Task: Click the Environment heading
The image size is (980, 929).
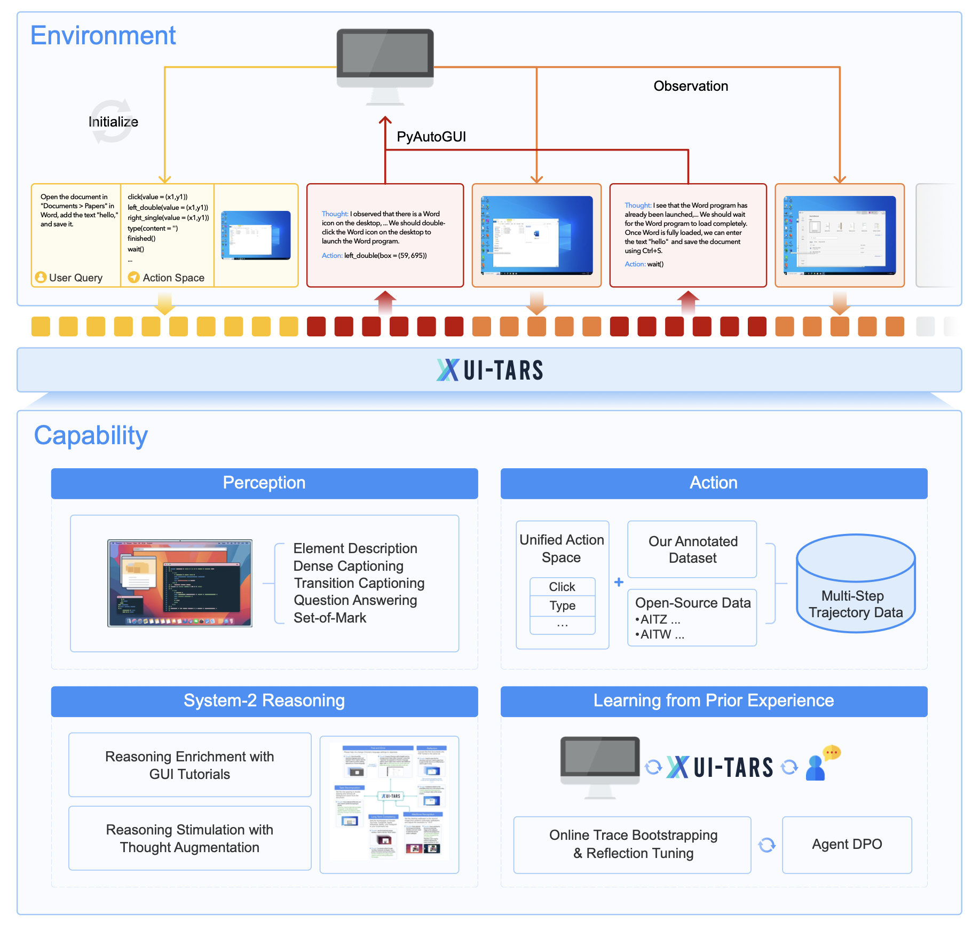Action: coord(103,36)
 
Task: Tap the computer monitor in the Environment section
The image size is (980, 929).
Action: coord(385,58)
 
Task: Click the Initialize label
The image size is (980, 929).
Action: coord(113,122)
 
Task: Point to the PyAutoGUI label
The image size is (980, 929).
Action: coord(431,137)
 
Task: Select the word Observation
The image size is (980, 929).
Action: coord(691,86)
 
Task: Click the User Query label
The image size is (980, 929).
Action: coord(75,278)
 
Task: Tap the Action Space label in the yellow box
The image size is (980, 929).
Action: coord(173,278)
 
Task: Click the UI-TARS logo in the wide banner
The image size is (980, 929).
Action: coord(490,370)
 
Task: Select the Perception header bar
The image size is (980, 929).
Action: coord(264,483)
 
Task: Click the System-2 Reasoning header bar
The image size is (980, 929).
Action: coord(264,701)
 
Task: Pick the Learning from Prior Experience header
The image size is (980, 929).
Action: coord(714,701)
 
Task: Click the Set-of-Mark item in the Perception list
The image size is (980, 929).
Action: coord(330,618)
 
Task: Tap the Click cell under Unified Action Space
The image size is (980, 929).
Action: coord(562,587)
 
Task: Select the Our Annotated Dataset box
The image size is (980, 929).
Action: coord(692,549)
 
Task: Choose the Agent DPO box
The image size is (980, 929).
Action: coord(847,845)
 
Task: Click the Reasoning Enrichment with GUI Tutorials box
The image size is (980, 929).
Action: coord(189,765)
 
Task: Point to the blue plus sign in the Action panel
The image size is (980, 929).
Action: coord(619,582)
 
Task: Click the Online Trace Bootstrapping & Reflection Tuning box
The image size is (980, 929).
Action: coord(633,845)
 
